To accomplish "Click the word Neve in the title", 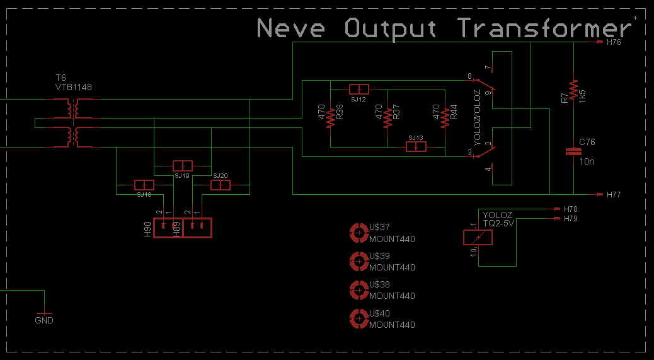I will [291, 28].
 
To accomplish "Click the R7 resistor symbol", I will [573, 90].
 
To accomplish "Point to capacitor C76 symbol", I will [573, 151].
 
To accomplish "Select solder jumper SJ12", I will [359, 89].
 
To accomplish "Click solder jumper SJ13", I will [416, 147].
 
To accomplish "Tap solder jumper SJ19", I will [182, 166].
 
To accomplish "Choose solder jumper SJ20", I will [221, 185].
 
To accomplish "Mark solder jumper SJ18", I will [144, 185].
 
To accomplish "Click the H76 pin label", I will [614, 43].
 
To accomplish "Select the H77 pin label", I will [614, 195].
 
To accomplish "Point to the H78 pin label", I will [571, 209].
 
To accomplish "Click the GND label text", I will [44, 320].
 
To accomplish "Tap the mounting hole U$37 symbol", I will [359, 233].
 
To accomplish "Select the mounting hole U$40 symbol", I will [359, 320].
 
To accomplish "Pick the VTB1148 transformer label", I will [74, 87].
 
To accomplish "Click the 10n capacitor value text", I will [587, 162].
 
